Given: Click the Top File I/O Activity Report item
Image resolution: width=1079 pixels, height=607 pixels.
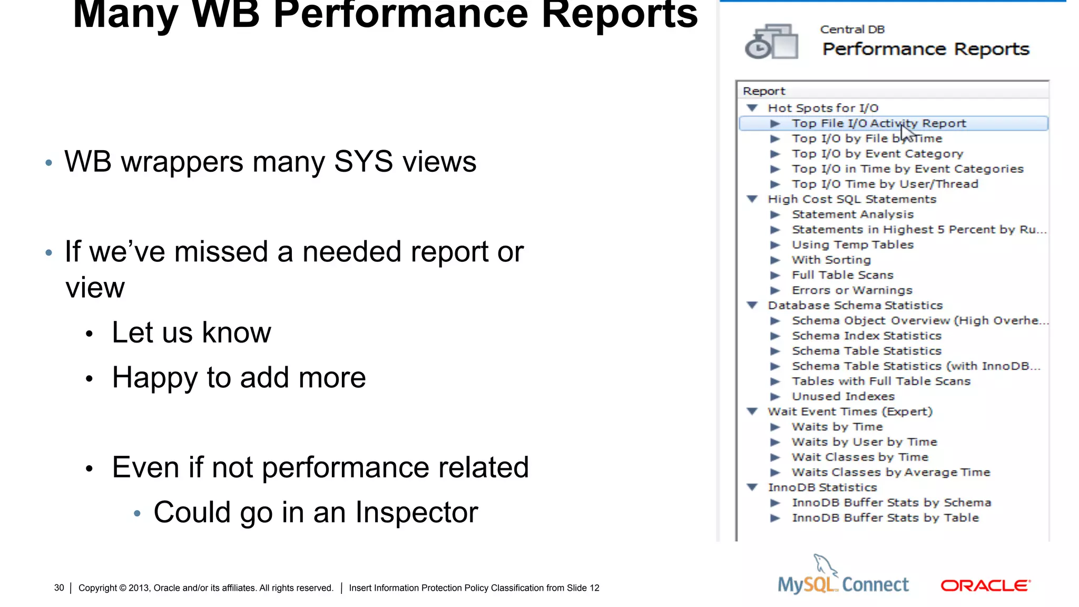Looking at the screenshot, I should pos(878,123).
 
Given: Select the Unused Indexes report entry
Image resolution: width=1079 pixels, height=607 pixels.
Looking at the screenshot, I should pos(843,396).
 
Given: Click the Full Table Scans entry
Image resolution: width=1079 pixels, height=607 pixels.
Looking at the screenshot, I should pos(842,275).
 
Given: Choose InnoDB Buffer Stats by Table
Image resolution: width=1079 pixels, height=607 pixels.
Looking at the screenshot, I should pos(885,518).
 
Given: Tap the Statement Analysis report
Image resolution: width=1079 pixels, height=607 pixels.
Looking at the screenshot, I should pos(852,214).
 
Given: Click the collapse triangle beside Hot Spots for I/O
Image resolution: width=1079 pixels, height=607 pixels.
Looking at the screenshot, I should pos(752,108).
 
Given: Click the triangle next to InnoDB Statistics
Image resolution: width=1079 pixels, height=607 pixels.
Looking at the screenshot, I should pos(752,487).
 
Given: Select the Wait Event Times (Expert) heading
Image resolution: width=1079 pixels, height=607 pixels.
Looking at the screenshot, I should pos(850,412).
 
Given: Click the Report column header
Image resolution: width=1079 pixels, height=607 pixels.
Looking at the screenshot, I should pos(764,91).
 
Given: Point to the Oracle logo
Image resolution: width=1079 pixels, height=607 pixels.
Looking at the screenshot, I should pos(985,585).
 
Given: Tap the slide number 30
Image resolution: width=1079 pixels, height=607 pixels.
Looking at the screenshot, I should pos(59,588).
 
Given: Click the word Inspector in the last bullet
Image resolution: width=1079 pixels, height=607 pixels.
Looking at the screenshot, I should pos(416,512).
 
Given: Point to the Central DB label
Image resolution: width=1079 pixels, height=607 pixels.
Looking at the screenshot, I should pos(852,30).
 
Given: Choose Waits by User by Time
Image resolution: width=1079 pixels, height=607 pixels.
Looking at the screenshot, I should pos(864,442).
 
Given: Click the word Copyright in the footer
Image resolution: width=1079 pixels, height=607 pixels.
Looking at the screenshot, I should pos(97,588).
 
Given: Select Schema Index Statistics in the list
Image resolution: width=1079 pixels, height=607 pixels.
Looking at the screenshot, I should pos(866,336).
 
